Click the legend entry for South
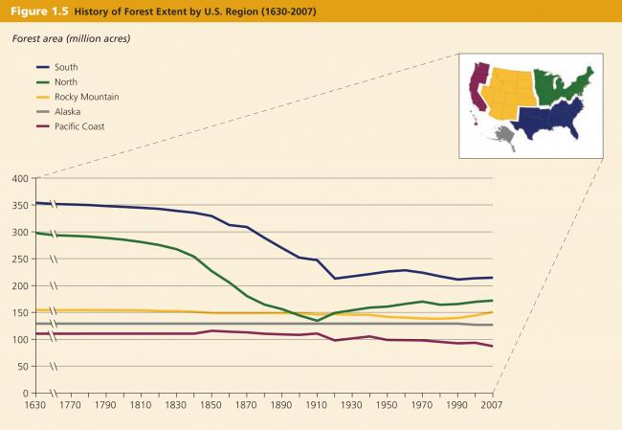[66, 67]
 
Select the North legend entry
[66, 81]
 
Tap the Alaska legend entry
[68, 111]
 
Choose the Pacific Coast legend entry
[79, 126]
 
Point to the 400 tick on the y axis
[17, 178]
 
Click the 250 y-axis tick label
[17, 259]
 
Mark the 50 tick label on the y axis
[20, 366]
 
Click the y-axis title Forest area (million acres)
[71, 38]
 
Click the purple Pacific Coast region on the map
[476, 86]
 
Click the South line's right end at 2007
[492, 278]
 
